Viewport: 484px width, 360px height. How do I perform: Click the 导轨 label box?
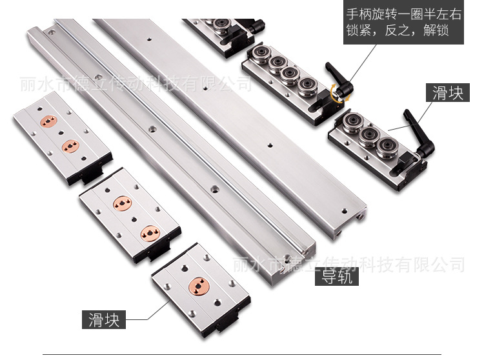[x=337, y=276]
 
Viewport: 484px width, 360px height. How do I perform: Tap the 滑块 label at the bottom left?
[x=104, y=319]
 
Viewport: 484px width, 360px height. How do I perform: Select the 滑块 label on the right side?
[x=448, y=92]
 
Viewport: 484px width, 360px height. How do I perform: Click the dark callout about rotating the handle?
[x=403, y=22]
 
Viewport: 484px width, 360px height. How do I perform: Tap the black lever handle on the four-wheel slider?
[x=339, y=79]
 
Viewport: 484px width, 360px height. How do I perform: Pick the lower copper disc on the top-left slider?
[x=71, y=146]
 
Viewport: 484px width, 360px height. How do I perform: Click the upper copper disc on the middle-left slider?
[x=123, y=204]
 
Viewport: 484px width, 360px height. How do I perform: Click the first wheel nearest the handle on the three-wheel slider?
[x=387, y=148]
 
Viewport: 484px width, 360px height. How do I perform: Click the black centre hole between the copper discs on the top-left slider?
[x=61, y=133]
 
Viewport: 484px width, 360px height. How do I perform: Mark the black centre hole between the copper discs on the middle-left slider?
[x=134, y=219]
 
